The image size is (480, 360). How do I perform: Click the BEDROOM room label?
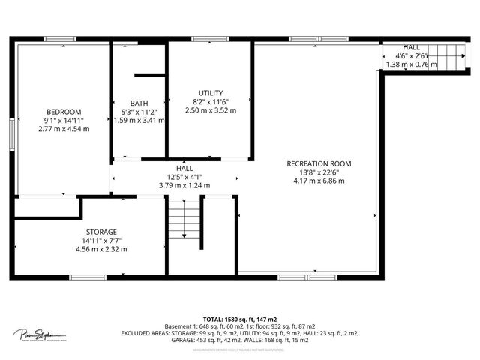63,112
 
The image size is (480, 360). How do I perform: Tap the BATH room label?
139,103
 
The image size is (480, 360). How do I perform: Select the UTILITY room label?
211,93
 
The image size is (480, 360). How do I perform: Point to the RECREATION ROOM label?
319,163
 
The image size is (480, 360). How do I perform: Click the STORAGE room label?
101,232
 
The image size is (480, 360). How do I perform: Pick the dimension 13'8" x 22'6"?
319,172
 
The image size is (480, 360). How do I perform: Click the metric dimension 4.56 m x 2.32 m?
101,249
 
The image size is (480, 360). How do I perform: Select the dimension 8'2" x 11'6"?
211,102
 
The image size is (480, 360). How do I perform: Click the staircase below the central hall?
183,219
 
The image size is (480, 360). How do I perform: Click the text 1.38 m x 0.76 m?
411,64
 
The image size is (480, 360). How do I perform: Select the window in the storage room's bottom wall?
88,277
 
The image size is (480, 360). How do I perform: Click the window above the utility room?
210,38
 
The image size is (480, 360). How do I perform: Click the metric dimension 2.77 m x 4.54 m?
63,129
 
